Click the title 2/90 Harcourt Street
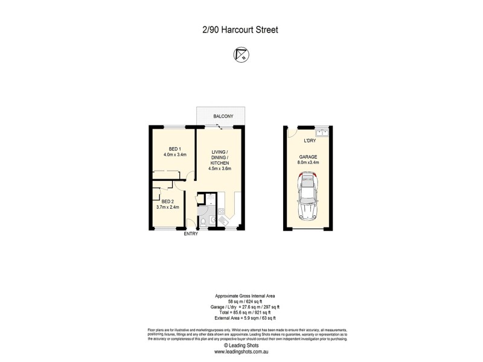(x=241, y=28)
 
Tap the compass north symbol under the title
(x=241, y=54)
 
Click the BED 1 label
(x=175, y=148)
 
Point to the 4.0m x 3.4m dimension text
(x=175, y=155)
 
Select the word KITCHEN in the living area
(x=220, y=162)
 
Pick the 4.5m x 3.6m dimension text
(x=220, y=169)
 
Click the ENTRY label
(x=191, y=234)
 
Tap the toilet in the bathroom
(x=203, y=222)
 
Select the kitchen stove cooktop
(x=220, y=211)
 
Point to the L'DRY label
(x=310, y=141)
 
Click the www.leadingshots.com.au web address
(x=241, y=351)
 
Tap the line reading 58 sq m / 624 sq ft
(x=241, y=300)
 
